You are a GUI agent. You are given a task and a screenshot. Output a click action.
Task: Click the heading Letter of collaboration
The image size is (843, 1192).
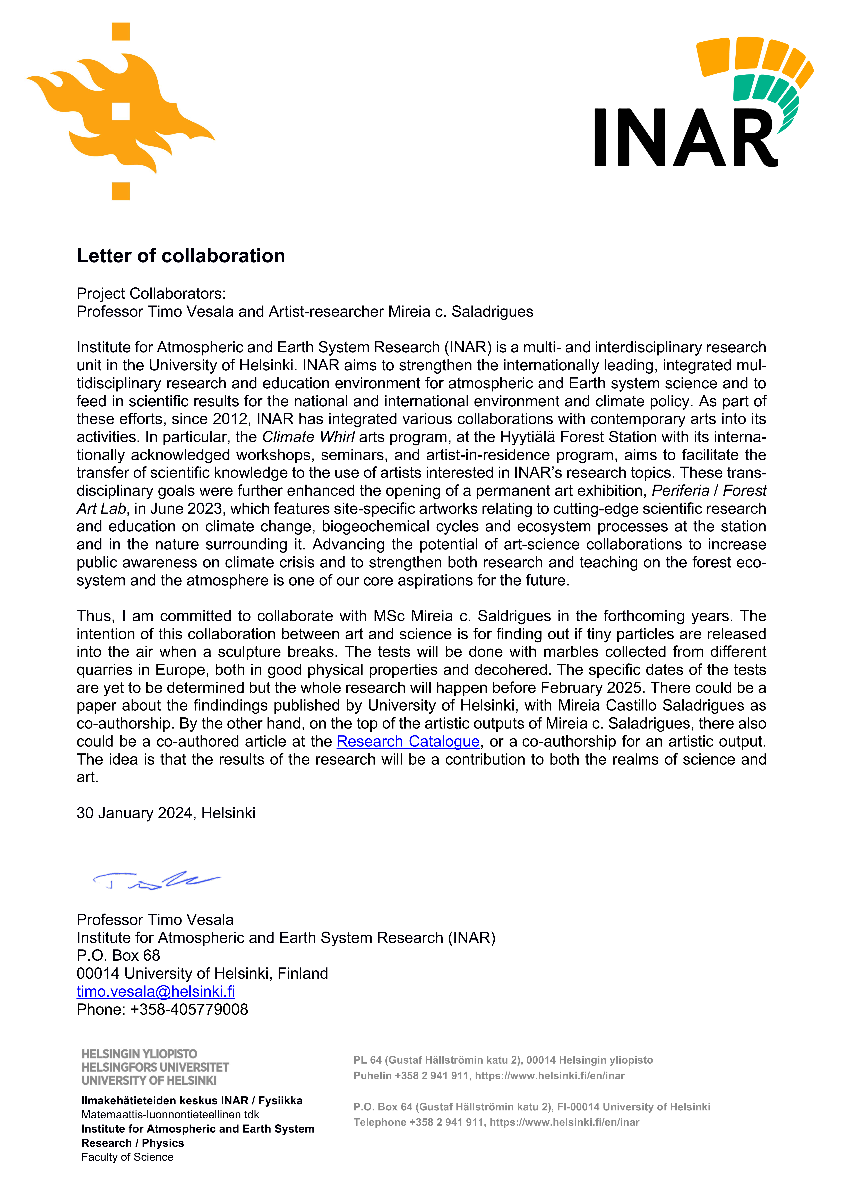tap(181, 256)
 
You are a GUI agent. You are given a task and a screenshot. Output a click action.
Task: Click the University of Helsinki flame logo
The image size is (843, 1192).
tap(121, 112)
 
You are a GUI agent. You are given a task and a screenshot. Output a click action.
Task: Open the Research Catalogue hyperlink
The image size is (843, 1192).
tap(408, 741)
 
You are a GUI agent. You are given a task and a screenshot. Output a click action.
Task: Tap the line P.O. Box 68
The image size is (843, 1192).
tap(118, 955)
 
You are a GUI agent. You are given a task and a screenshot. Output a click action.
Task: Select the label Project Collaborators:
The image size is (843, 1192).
tap(151, 293)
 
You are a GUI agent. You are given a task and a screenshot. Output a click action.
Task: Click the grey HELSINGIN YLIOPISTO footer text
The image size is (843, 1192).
tap(139, 1054)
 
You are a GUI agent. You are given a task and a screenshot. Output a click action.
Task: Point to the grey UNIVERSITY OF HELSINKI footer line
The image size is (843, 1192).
tap(149, 1080)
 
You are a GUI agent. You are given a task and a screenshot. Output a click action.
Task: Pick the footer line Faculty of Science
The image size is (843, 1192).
tap(127, 1157)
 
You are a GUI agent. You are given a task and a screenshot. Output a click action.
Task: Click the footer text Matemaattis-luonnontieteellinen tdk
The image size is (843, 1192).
tap(170, 1115)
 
